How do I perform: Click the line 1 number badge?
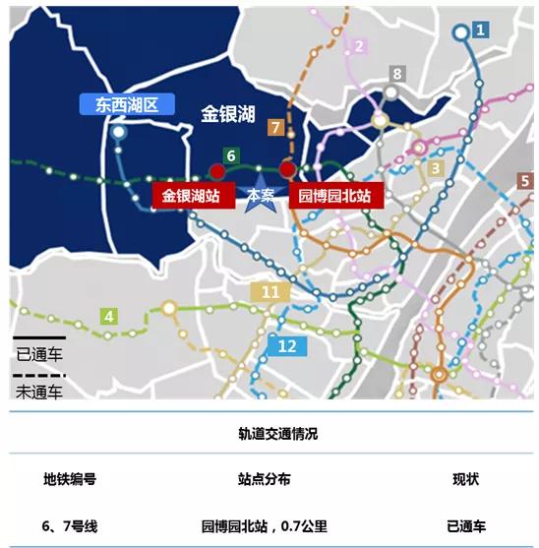click(x=480, y=30)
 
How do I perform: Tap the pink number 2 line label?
click(x=359, y=46)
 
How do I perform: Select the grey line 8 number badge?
click(x=397, y=74)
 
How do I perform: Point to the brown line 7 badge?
click(x=275, y=127)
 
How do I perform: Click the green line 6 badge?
click(x=230, y=155)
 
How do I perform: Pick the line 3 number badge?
click(x=434, y=168)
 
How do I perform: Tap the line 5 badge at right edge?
click(x=526, y=181)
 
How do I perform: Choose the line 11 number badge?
click(x=270, y=292)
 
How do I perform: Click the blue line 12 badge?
click(x=287, y=346)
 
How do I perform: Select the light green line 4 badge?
click(x=109, y=316)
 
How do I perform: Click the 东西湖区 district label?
click(x=128, y=103)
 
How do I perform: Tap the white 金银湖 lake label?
click(x=229, y=115)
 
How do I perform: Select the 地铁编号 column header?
click(x=70, y=479)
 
